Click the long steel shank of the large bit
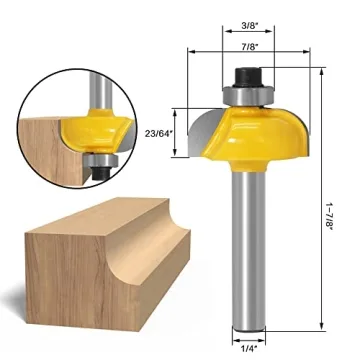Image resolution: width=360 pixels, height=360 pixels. pos(246,250)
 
